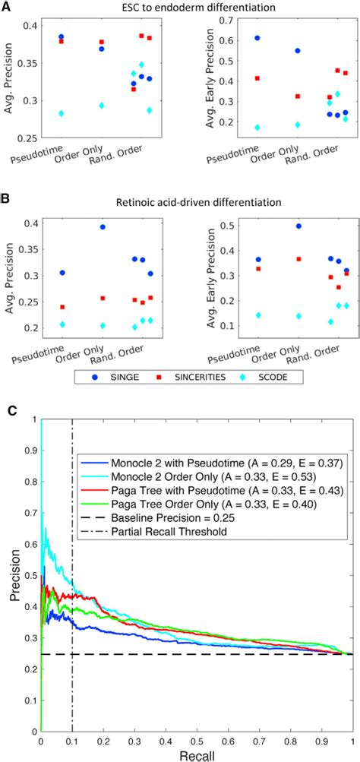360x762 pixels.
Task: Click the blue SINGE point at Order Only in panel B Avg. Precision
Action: (x=102, y=226)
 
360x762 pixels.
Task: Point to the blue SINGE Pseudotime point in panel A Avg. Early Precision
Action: (x=235, y=38)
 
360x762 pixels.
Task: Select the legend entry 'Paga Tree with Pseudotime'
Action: (x=205, y=498)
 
